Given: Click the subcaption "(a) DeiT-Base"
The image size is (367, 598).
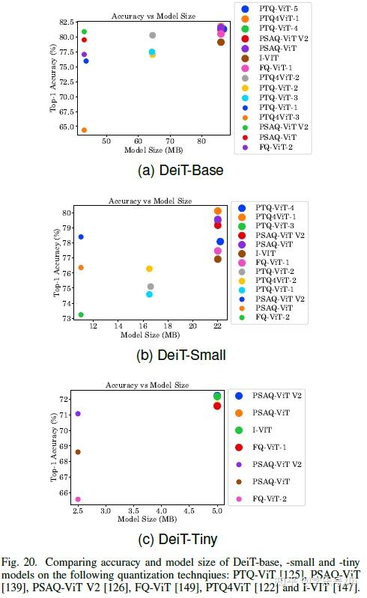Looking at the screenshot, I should click(181, 171).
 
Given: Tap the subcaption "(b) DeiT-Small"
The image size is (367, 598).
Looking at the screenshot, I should click(181, 356).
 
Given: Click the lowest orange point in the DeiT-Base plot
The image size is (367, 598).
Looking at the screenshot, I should click(84, 130).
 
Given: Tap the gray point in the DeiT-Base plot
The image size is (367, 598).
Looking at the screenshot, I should click(153, 35).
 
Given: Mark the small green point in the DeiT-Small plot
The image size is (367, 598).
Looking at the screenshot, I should click(81, 314).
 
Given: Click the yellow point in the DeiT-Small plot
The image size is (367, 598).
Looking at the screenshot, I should click(149, 269).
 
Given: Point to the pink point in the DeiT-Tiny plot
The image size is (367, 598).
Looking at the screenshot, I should click(78, 499).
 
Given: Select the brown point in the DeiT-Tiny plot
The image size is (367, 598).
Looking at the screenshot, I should click(78, 452).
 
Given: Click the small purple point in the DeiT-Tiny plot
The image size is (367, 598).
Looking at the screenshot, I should click(78, 414).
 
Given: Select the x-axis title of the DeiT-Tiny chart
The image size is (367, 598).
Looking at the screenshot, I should click(147, 518).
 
